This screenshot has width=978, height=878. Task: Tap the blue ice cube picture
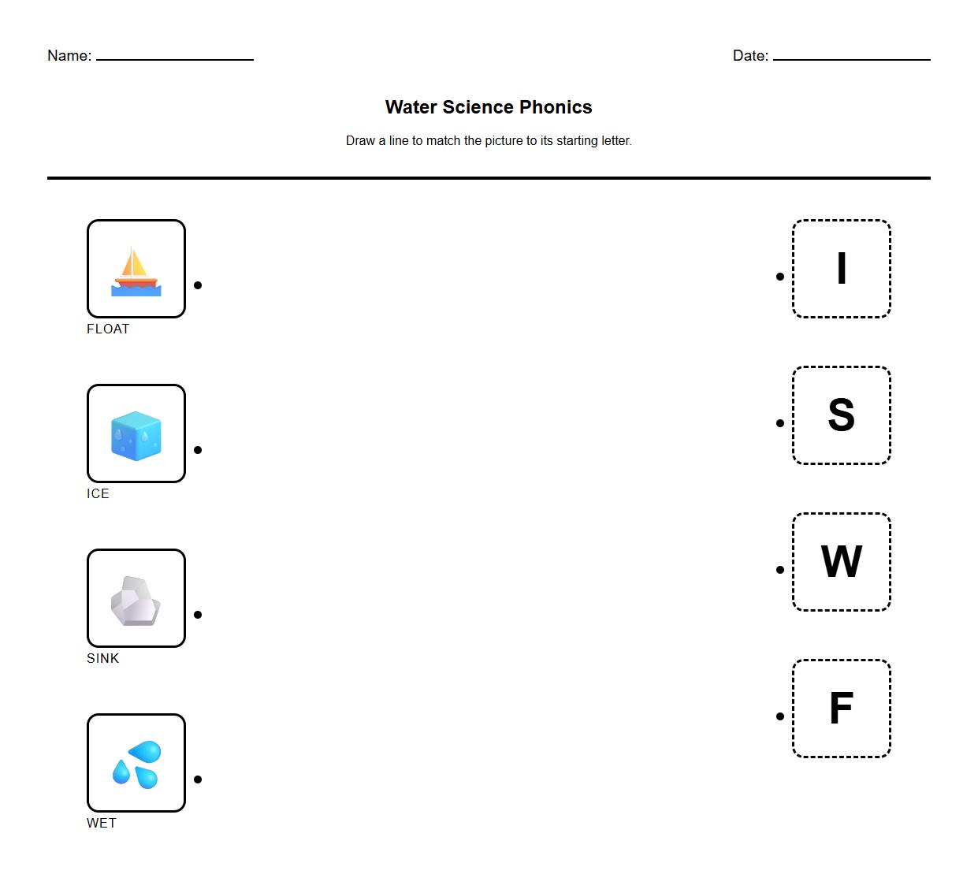(x=136, y=434)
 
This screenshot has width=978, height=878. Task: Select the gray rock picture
(x=136, y=601)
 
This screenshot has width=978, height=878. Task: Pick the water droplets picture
(x=137, y=764)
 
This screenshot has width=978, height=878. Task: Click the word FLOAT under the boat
(x=108, y=329)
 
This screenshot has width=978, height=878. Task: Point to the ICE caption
(x=98, y=494)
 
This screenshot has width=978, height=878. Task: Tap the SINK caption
(x=102, y=659)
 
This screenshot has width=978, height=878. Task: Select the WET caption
(x=102, y=824)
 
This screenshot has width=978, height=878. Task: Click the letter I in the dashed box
(x=841, y=269)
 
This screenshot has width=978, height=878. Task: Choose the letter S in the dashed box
(x=841, y=415)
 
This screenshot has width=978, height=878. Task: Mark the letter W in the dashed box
(x=841, y=562)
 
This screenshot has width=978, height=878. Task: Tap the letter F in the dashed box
(x=841, y=709)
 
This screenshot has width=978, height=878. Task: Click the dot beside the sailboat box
(x=198, y=285)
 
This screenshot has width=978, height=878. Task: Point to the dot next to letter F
(x=780, y=716)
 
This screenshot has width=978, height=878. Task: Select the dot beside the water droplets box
(x=198, y=779)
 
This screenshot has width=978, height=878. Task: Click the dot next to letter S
(x=780, y=423)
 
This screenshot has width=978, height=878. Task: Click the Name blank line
(x=174, y=58)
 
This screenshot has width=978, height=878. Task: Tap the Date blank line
(x=851, y=58)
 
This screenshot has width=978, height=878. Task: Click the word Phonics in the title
(x=556, y=107)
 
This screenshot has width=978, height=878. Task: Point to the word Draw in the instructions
(x=360, y=141)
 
